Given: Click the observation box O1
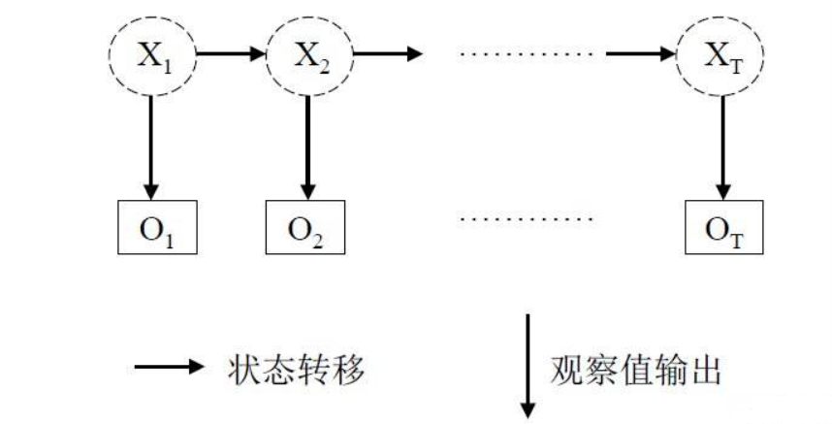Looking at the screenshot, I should coord(150,225).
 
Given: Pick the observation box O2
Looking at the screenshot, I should coord(308,225).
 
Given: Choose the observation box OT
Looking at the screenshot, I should coord(719,225).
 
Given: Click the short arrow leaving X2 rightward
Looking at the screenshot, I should coord(388,53).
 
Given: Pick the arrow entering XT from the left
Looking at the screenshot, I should coord(640,53).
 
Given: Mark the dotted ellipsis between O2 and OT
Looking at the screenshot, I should coord(525,217).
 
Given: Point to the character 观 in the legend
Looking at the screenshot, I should coord(568,370).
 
